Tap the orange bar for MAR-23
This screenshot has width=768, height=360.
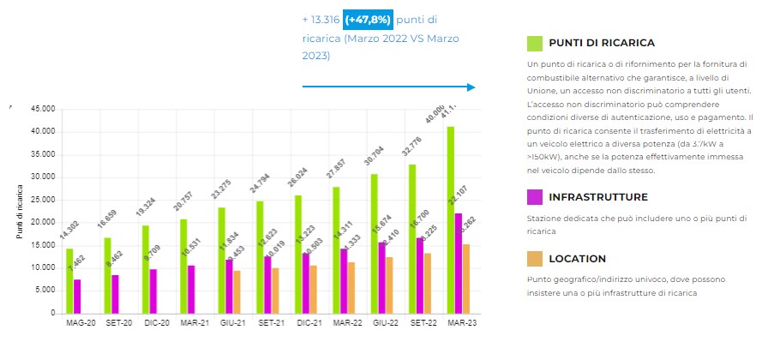point(466,279)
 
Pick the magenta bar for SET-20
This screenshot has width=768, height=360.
point(115,294)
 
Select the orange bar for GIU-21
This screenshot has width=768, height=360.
point(237,291)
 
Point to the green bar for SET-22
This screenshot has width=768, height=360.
point(412,239)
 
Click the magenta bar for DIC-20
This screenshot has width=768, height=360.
point(153,291)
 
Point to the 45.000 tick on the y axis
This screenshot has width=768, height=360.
point(42,110)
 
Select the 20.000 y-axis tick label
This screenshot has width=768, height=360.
point(42,223)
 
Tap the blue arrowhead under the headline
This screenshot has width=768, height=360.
point(471,87)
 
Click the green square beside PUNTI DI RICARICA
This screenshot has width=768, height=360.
point(534,43)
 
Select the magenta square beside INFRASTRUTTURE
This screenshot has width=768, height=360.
point(534,197)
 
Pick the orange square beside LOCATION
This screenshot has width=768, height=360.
point(534,258)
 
